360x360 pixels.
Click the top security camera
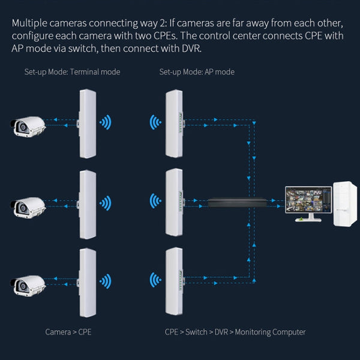coord(28,125)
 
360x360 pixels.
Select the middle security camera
coord(28,204)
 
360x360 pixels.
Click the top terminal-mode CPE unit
coord(88,124)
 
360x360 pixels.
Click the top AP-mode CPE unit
coord(173,124)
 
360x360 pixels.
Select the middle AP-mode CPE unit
coord(173,203)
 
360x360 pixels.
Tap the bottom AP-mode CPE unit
coord(173,281)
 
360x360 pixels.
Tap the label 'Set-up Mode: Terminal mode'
coord(72,72)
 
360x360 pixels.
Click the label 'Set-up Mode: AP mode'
coord(197,72)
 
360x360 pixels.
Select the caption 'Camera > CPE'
coord(68,332)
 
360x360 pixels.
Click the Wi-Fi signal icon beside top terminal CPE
coord(106,124)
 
